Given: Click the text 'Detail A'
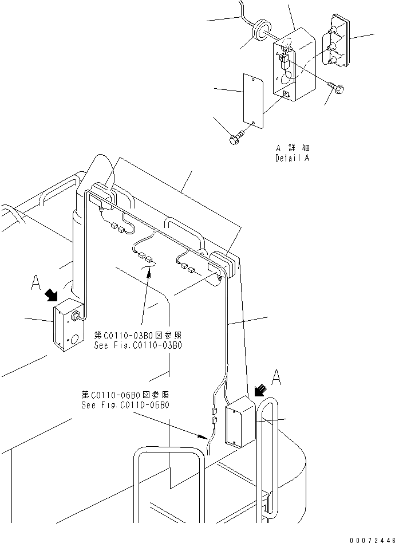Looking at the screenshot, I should tap(292, 159).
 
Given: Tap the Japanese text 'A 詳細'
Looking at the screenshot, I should tap(292, 148).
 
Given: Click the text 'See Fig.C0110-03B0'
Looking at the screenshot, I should tap(138, 345).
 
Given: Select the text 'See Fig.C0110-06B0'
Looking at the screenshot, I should tap(125, 405).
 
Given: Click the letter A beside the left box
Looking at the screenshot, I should tap(36, 282).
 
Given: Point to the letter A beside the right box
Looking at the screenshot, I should tap(276, 377).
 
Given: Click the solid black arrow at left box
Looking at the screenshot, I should tap(52, 294).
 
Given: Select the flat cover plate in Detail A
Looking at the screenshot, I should tap(254, 98).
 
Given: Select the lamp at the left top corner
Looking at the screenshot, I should tap(104, 192).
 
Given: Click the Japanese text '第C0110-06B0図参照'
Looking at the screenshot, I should tap(125, 395).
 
